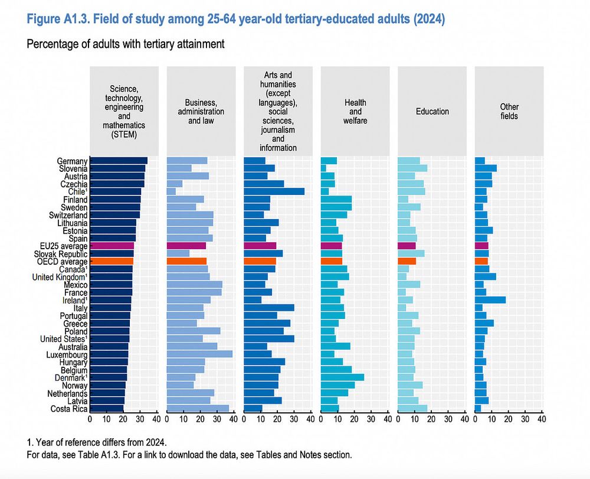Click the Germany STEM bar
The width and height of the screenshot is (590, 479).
pos(119,161)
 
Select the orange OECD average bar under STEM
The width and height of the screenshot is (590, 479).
pos(112,261)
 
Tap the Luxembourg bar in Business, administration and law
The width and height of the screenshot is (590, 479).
pos(199,354)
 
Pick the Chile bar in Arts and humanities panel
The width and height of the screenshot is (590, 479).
pos(274,191)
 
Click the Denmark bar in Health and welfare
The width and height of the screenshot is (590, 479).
pos(342,377)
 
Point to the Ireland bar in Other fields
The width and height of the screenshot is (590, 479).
pos(490,299)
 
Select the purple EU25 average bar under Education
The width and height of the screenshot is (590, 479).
pos(407,246)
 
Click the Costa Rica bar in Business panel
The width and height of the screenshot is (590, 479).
pos(198,408)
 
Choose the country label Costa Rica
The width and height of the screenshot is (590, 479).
pos(69,408)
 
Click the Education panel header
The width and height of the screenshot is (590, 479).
pos(432,111)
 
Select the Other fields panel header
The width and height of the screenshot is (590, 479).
pos(509,111)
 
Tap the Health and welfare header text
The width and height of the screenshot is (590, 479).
pos(355,111)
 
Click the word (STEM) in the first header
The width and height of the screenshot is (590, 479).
pos(123,133)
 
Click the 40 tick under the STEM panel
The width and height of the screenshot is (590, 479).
pos(156,419)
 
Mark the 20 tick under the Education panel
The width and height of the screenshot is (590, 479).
pos(431,419)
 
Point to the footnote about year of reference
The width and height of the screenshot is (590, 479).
pos(98,442)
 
